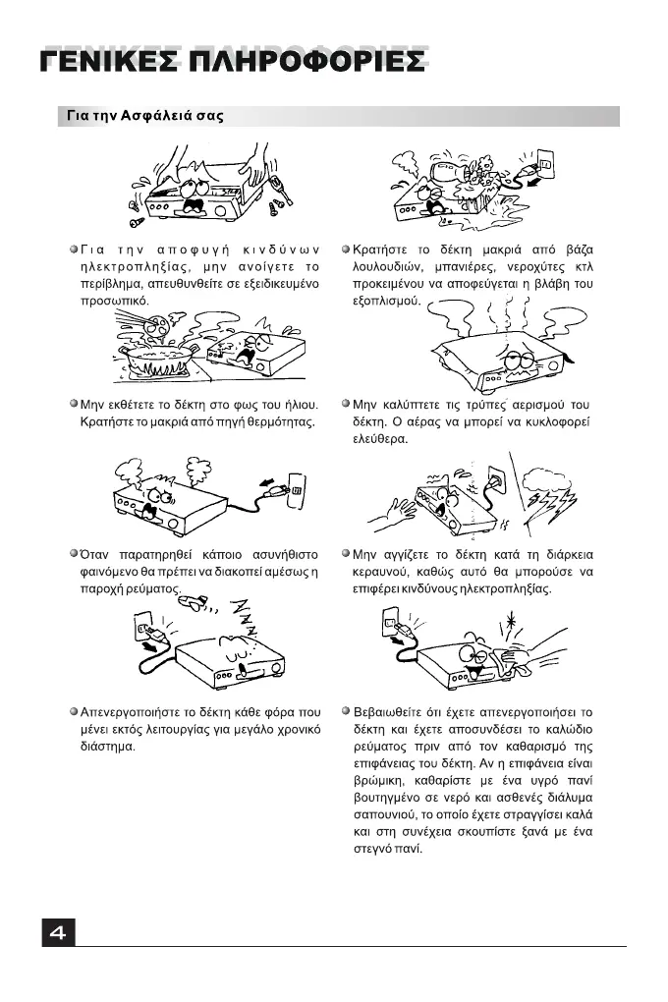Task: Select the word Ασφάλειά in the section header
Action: tap(152, 116)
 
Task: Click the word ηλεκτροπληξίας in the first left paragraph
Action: tap(130, 267)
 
